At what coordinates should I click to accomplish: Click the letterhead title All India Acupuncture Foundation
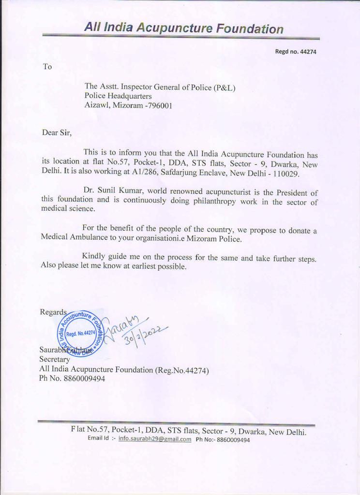coord(183,28)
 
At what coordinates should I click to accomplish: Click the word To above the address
coord(47,67)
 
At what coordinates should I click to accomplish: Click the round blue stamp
coord(80,333)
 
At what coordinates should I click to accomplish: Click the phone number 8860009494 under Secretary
coord(84,379)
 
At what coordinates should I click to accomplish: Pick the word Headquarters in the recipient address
coord(130,96)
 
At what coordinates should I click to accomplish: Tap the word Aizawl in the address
coord(97,105)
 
